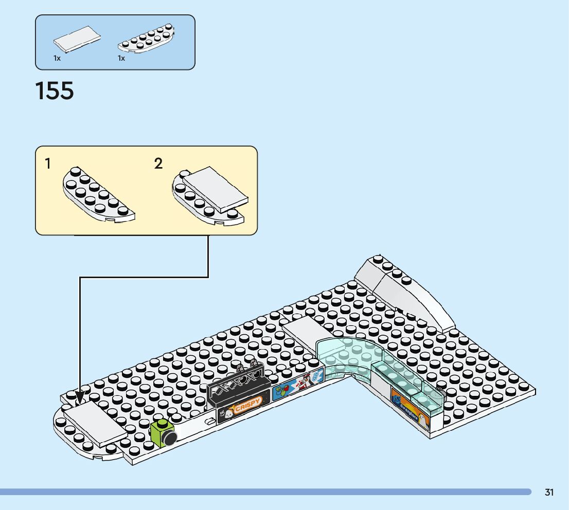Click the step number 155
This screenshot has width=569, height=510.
(x=55, y=91)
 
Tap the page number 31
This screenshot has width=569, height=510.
(x=549, y=493)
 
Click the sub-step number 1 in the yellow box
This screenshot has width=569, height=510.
(x=48, y=164)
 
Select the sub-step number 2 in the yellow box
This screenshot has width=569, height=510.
(x=158, y=164)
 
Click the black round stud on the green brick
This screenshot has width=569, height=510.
(x=170, y=439)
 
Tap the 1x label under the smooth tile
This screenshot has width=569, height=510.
(x=57, y=58)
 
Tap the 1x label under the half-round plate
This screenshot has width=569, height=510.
(x=121, y=58)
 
